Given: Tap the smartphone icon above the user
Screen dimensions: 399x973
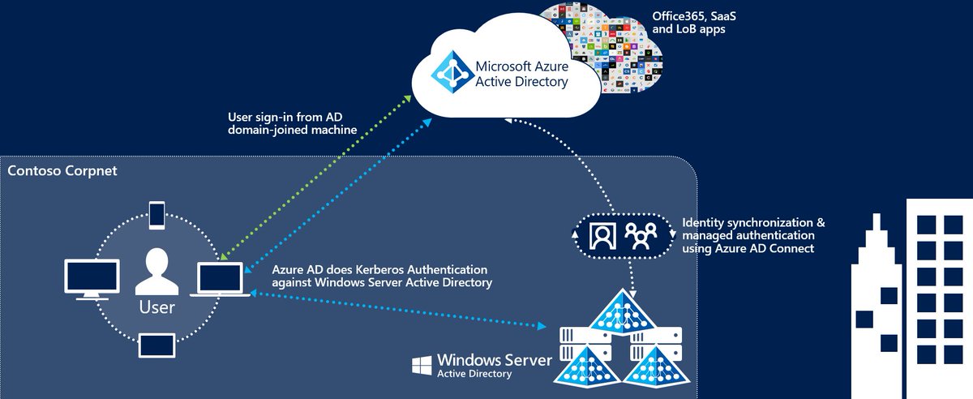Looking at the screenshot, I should click(x=157, y=214).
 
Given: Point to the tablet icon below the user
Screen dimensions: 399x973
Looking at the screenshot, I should click(x=156, y=345).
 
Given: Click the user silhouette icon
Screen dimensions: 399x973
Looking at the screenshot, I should click(x=156, y=272).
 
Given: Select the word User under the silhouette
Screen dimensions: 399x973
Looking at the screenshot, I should click(x=156, y=307).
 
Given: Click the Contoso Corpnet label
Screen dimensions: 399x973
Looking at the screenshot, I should click(x=62, y=171).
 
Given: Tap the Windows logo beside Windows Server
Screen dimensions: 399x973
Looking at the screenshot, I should click(x=421, y=364).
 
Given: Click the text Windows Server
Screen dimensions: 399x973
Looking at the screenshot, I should click(x=494, y=359).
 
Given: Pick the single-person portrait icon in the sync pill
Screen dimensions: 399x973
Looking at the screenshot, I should click(x=602, y=234).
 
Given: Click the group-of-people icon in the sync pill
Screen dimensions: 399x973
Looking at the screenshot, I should click(x=641, y=234).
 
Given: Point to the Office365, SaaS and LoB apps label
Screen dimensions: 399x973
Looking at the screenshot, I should click(x=688, y=22).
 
